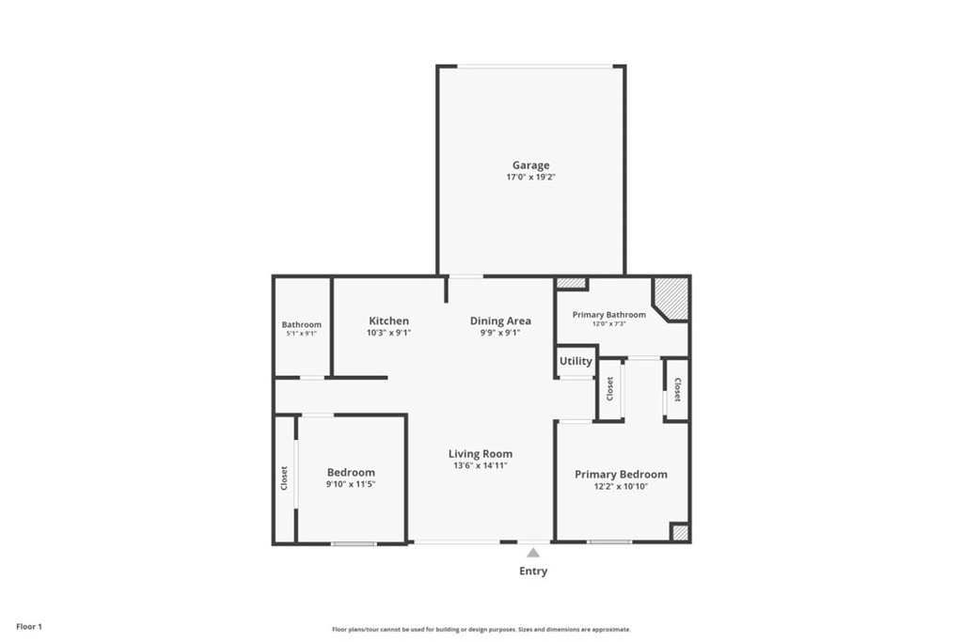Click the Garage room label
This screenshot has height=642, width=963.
coord(530,165)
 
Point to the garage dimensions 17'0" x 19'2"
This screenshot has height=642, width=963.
coord(530,178)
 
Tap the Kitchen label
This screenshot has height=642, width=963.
coord(388,321)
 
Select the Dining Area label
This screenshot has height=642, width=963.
coord(500,321)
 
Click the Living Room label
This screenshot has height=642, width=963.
coord(481,454)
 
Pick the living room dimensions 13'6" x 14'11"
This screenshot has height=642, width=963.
coord(481,466)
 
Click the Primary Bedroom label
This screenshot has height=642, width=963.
coord(621,475)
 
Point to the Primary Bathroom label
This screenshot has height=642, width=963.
coord(609,315)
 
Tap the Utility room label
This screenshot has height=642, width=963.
coord(576,362)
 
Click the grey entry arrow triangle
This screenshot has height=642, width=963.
coord(533,553)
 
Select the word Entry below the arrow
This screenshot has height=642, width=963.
coord(533,572)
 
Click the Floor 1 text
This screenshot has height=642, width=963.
coord(29,627)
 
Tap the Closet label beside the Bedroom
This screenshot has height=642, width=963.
coord(284,478)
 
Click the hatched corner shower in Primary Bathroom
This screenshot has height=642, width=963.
coord(671,299)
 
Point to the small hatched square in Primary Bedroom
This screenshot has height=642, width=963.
coord(679,532)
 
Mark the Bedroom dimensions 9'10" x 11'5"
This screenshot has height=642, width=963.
coord(351,484)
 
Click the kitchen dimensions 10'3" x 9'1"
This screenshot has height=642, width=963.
coord(388,334)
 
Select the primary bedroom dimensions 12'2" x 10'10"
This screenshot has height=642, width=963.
coord(621,487)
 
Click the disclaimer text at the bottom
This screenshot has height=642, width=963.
coord(481,630)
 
